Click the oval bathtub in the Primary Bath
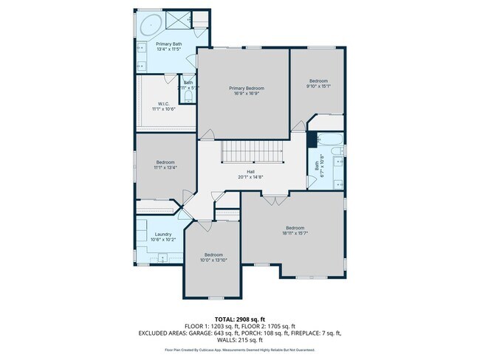pos(151,24)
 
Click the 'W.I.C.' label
pos(164,103)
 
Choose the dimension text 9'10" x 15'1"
pos(318,86)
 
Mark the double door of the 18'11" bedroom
pos(274,197)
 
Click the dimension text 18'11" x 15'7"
pos(295,233)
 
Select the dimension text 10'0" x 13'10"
pos(213,260)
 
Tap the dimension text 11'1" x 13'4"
pos(165,167)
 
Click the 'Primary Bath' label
pos(167,44)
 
